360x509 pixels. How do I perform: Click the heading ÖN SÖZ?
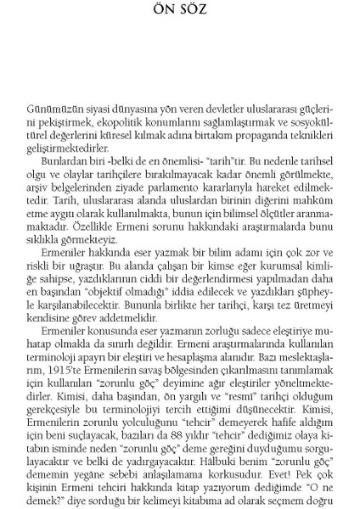[179, 11]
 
